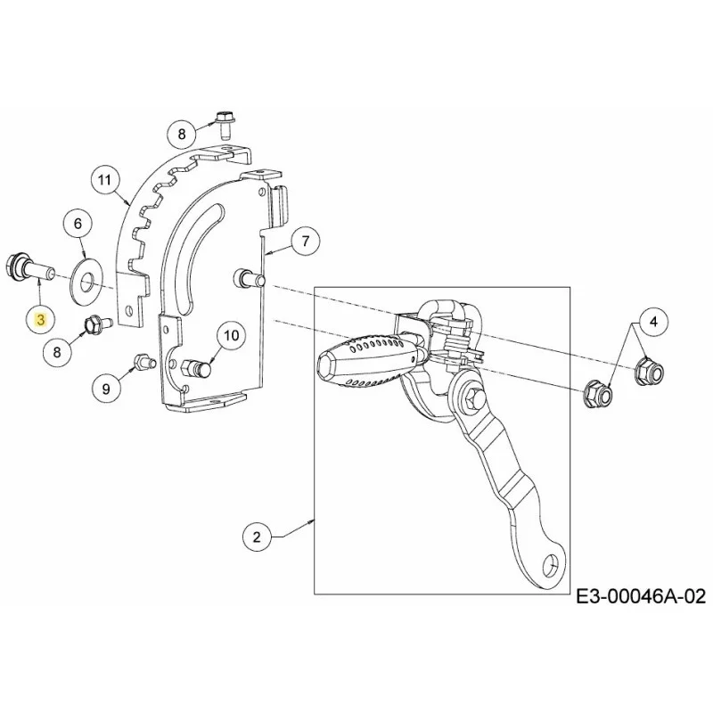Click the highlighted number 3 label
pyautogui.click(x=41, y=320)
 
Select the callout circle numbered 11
pyautogui.click(x=104, y=181)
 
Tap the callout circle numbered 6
pyautogui.click(x=78, y=224)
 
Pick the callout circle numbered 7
pyautogui.click(x=305, y=241)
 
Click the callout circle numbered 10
pyautogui.click(x=232, y=336)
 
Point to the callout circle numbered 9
pyautogui.click(x=106, y=389)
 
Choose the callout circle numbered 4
pyautogui.click(x=653, y=323)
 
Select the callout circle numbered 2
pyautogui.click(x=257, y=537)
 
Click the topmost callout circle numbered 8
pyautogui.click(x=182, y=135)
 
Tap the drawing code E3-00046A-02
pyautogui.click(x=641, y=596)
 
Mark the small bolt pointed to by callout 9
pyautogui.click(x=144, y=362)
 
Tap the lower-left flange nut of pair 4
pyautogui.click(x=596, y=393)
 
